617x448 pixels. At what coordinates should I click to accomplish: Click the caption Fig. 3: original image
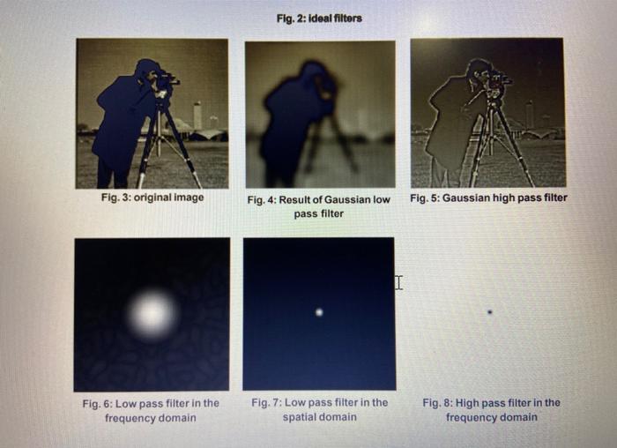pyautogui.click(x=152, y=197)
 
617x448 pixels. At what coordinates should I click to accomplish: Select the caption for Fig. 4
pyautogui.click(x=318, y=206)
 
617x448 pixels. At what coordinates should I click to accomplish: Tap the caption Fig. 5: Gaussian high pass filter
pyautogui.click(x=488, y=198)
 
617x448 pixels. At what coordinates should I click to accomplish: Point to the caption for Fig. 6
pyautogui.click(x=151, y=409)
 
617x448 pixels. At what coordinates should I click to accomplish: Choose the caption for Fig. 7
pyautogui.click(x=319, y=409)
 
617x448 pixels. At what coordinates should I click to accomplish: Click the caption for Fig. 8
pyautogui.click(x=491, y=409)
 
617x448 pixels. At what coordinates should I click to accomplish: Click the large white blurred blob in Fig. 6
pyautogui.click(x=152, y=314)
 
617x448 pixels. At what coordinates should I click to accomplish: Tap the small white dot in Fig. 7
pyautogui.click(x=319, y=311)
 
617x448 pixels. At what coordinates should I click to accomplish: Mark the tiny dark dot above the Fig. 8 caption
pyautogui.click(x=490, y=310)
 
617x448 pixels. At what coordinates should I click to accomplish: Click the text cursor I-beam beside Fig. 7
pyautogui.click(x=398, y=282)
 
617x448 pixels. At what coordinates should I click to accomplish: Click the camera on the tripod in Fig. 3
pyautogui.click(x=164, y=84)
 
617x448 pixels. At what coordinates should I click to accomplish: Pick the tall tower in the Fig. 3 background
pyautogui.click(x=197, y=115)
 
